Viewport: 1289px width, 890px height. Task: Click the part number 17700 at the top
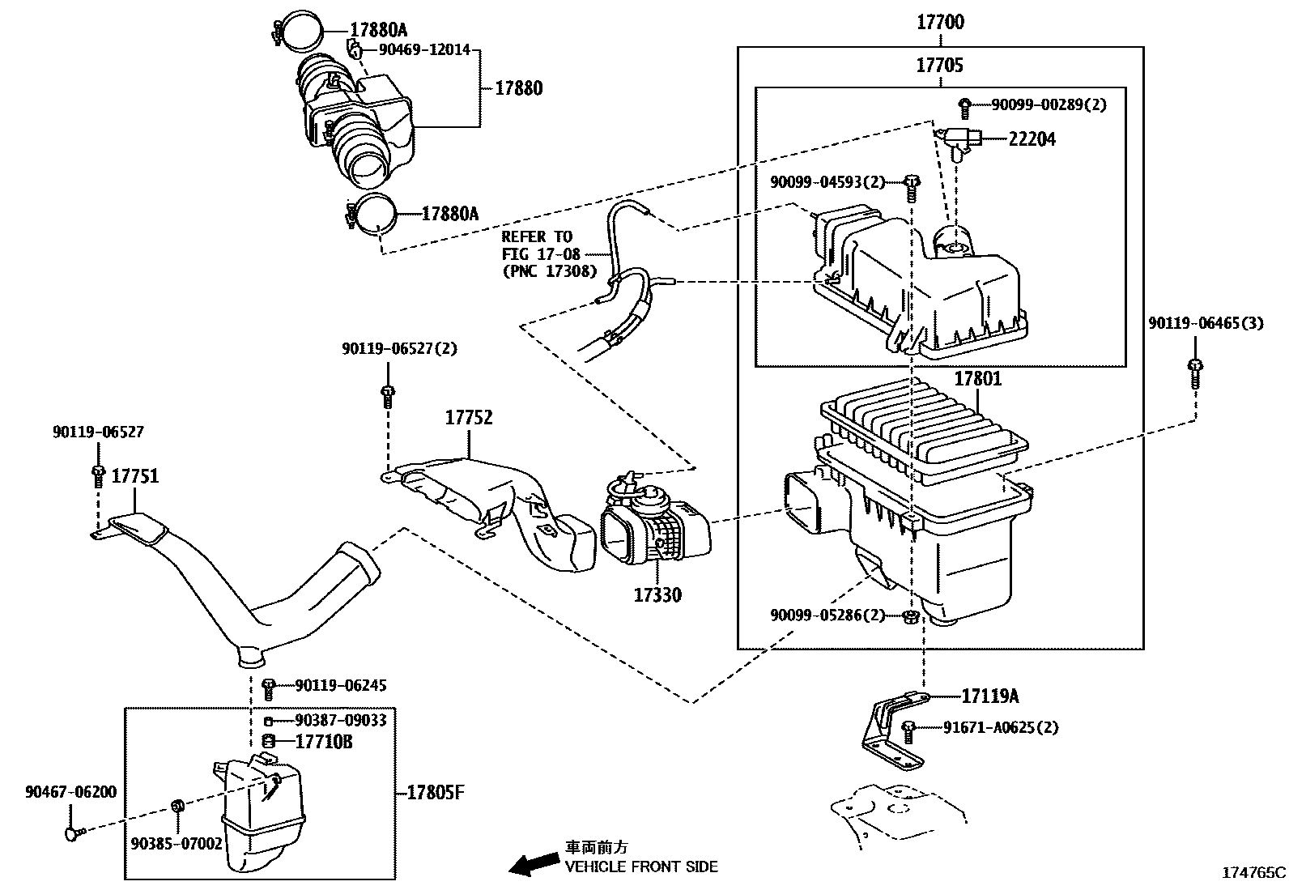point(940,23)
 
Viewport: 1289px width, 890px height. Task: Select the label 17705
point(940,65)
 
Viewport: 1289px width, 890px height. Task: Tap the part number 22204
point(1032,139)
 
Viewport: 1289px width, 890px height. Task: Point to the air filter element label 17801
point(977,378)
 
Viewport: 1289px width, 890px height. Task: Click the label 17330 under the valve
point(657,595)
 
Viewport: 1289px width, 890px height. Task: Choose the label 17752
point(469,418)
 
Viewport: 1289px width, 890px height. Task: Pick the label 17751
point(134,476)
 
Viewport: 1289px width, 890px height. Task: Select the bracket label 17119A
point(990,696)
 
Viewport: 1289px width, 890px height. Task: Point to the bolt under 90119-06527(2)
point(387,396)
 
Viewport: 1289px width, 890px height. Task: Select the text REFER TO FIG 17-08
point(537,245)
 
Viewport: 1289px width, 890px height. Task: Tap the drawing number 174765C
point(1253,873)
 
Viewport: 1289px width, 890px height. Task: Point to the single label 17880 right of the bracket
point(519,88)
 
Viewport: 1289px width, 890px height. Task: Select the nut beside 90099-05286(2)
point(909,618)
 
